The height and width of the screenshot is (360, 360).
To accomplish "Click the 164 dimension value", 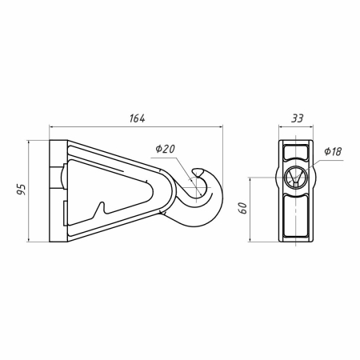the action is (138, 118).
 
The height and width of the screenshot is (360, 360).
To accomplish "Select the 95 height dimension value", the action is (22, 190).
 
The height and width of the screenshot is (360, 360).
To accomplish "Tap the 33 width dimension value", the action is (297, 118).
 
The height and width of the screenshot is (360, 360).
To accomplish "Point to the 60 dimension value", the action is (243, 208).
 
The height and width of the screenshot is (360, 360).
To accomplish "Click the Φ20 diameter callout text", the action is (166, 149).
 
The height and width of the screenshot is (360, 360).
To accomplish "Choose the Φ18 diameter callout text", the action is (333, 151).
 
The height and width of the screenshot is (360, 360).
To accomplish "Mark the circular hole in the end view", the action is (296, 177).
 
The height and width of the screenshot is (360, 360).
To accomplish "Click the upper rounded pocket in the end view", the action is (296, 152).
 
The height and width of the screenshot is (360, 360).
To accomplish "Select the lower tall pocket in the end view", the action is (296, 216).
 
